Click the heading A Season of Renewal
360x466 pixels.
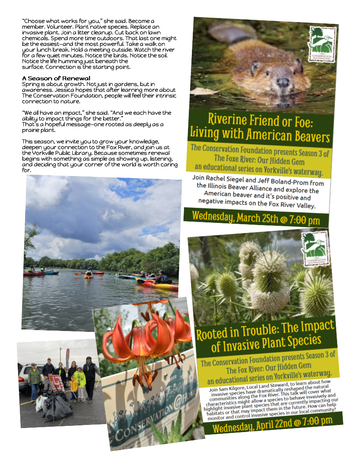56,78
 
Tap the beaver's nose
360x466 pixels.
282,82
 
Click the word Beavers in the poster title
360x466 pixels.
311,135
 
